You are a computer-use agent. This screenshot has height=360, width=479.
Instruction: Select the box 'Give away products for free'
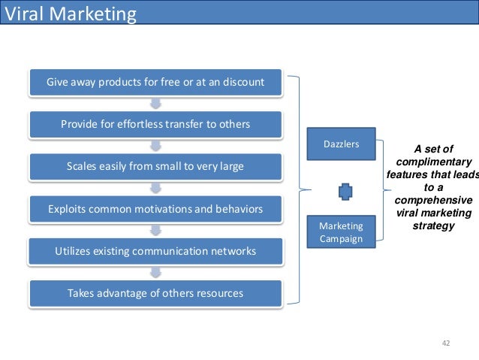click(x=155, y=81)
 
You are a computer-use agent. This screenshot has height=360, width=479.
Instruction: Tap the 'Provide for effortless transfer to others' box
click(x=155, y=123)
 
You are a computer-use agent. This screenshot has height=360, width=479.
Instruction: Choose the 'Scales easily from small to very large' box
click(x=155, y=165)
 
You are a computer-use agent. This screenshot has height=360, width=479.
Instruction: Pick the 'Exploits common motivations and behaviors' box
click(x=155, y=208)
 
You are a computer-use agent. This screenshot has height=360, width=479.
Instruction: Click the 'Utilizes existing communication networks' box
click(x=155, y=250)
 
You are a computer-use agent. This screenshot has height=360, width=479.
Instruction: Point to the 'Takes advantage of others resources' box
click(x=155, y=292)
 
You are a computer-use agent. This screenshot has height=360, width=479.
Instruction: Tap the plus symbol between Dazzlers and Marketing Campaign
click(x=345, y=192)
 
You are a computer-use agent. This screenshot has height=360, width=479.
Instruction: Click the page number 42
click(x=446, y=343)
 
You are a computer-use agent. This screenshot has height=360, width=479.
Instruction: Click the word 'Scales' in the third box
click(x=83, y=165)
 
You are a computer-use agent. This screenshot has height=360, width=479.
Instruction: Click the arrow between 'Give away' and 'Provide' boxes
click(x=155, y=102)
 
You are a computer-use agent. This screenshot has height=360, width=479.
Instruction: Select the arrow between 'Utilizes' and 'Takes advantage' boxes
click(x=155, y=271)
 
